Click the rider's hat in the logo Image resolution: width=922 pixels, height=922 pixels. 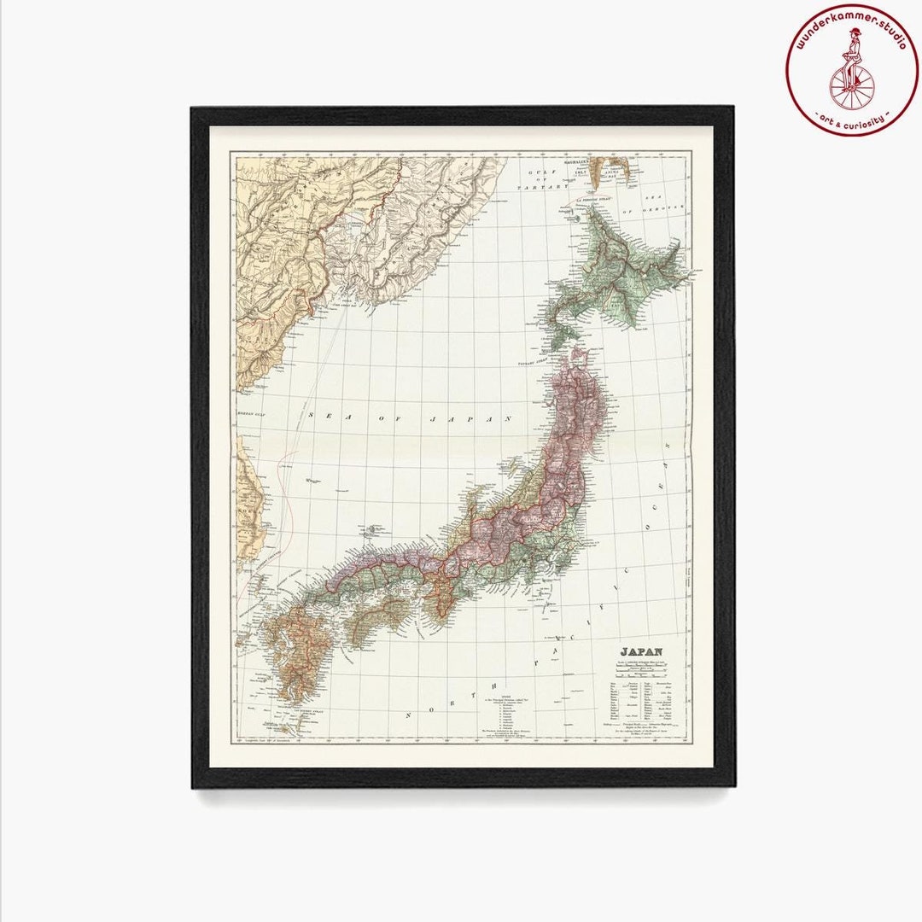coord(855,32)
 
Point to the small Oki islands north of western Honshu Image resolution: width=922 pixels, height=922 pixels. coord(373,531)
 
